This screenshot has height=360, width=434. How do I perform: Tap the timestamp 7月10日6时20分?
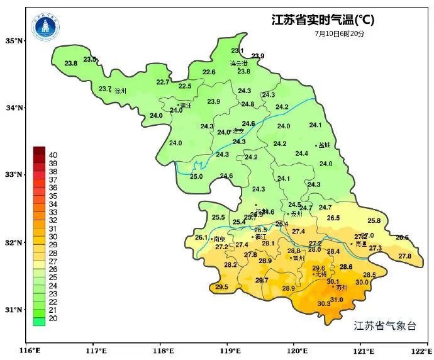[340, 33]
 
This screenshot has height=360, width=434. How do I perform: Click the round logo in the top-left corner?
[45, 26]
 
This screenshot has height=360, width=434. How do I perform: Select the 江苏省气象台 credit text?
[385, 325]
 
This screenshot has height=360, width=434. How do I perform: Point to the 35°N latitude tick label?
[14, 41]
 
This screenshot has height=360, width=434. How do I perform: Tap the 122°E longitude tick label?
[420, 351]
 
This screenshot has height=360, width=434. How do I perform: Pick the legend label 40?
[53, 155]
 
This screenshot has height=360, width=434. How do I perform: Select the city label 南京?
[220, 239]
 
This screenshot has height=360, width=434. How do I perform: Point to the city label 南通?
[360, 244]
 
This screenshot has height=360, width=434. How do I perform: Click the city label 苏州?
[342, 288]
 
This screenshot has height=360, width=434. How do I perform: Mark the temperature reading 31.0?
[337, 300]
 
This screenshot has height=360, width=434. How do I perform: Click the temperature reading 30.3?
[324, 304]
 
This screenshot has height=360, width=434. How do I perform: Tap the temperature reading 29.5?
[221, 287]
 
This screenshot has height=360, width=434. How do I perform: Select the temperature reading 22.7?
[163, 82]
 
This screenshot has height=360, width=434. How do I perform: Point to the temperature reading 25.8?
[374, 221]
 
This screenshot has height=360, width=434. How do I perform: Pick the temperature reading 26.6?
[402, 237]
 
